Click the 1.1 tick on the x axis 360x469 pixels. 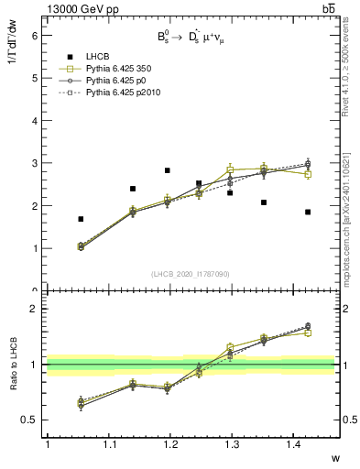[x=109, y=444]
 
